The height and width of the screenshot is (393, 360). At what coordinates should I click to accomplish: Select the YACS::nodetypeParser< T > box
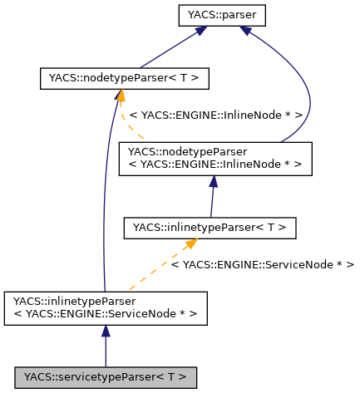click(123, 79)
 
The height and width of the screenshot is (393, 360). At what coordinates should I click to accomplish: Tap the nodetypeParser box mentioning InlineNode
click(215, 159)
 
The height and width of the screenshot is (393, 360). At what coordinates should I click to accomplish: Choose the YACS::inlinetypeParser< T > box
click(210, 226)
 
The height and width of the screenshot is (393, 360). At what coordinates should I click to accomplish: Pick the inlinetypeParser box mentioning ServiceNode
click(105, 307)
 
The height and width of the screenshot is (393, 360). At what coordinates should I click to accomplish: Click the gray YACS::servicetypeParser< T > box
click(105, 376)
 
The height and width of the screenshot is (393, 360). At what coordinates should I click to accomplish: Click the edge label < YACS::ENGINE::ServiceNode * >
click(262, 264)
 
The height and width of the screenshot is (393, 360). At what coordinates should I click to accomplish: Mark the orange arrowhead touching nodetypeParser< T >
click(121, 96)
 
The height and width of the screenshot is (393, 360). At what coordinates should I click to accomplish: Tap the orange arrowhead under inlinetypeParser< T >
click(190, 243)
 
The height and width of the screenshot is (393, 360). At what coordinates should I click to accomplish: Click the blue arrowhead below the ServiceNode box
click(106, 331)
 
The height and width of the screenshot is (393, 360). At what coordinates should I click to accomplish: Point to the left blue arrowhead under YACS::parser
click(200, 32)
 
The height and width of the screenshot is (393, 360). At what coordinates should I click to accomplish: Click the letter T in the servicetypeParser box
click(180, 376)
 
